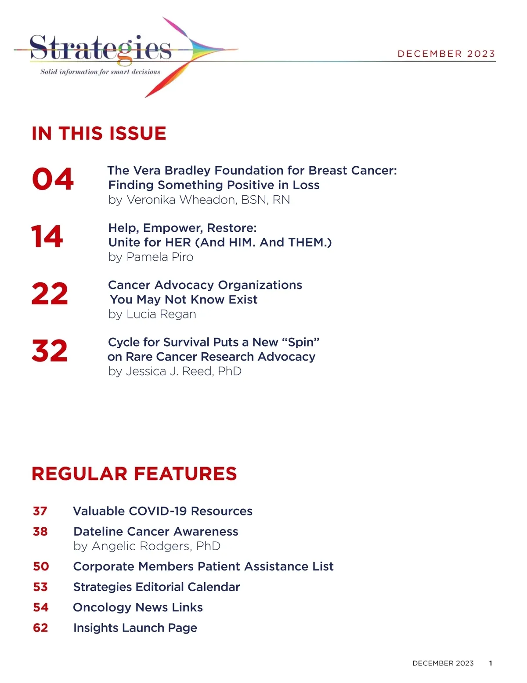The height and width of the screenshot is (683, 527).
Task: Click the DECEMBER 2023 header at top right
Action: pyautogui.click(x=446, y=54)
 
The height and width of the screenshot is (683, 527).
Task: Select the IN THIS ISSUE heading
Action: pyautogui.click(x=99, y=133)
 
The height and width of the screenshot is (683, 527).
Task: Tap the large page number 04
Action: pyautogui.click(x=53, y=179)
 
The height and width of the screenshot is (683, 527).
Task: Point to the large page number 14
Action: pyautogui.click(x=47, y=237)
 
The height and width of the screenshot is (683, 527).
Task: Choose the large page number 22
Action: pyautogui.click(x=50, y=294)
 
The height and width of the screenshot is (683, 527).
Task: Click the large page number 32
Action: pyautogui.click(x=50, y=351)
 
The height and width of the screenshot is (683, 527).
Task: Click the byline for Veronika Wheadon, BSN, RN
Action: pyautogui.click(x=199, y=200)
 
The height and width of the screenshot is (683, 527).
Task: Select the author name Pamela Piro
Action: pyautogui.click(x=160, y=257)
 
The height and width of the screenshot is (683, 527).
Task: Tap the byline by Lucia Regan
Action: pyautogui.click(x=152, y=314)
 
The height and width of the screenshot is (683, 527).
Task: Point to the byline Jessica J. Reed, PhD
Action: pyautogui.click(x=175, y=371)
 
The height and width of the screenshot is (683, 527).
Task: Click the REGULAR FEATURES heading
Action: pyautogui.click(x=134, y=474)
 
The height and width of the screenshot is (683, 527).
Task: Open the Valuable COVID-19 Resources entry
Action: pyautogui.click(x=162, y=511)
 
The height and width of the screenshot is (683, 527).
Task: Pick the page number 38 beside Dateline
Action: pyautogui.click(x=40, y=531)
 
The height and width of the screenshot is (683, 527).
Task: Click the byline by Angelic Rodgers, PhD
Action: pyautogui.click(x=147, y=546)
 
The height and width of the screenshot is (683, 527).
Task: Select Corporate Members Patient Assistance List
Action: pyautogui.click(x=203, y=566)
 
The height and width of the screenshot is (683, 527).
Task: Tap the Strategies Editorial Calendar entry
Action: pyautogui.click(x=156, y=587)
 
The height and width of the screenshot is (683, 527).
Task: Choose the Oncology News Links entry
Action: pyautogui.click(x=138, y=607)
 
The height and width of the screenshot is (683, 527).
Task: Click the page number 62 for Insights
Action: pyautogui.click(x=40, y=628)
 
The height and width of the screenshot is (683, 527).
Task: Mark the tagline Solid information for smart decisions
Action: pyautogui.click(x=100, y=72)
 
